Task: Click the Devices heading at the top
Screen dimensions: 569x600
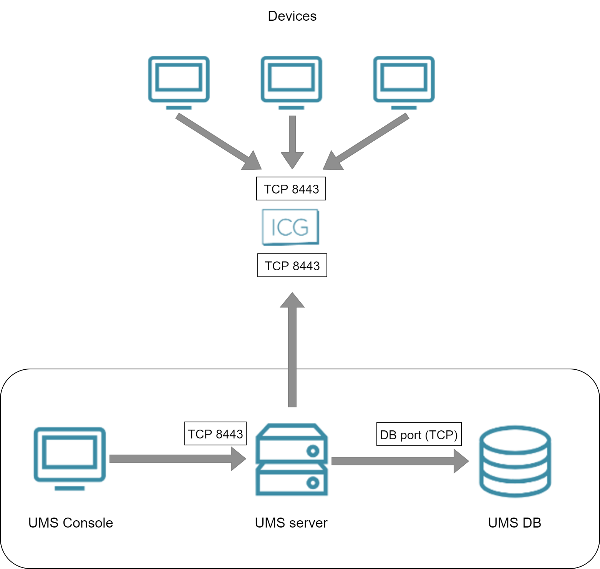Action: coord(292,16)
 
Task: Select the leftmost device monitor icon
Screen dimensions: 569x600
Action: coord(179,82)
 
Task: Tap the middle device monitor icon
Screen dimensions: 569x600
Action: coord(291,82)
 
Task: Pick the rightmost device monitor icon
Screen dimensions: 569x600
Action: coord(404,82)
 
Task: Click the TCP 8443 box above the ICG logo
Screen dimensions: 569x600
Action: coord(291,189)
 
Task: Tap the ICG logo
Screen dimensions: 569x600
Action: coord(290,227)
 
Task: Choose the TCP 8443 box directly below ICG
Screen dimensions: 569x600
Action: coord(292,265)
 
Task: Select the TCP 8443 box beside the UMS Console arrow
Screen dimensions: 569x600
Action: coord(215,433)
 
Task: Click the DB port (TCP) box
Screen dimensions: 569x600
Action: coord(419,434)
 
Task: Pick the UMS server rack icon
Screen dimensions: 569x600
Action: coord(292,460)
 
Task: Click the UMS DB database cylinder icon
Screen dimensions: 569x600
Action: coord(515,461)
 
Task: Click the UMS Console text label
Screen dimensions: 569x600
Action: coord(71,523)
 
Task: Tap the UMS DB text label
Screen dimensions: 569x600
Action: coord(514,523)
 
